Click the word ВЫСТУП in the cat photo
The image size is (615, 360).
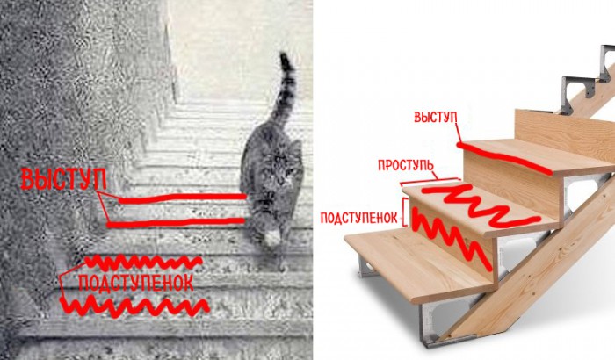63,180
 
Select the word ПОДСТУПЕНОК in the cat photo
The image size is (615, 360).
136,283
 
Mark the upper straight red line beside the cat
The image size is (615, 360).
182,198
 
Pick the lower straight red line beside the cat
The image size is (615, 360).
176,222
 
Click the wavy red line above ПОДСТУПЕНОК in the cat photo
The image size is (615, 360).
143,262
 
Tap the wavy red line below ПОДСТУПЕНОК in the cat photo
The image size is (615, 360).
134,306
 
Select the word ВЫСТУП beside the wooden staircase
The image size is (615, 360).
436,118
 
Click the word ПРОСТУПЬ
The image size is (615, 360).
406,165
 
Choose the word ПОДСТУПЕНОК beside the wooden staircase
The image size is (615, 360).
359,218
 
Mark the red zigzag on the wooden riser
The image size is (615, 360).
451,239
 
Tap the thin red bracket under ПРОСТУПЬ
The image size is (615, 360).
429,181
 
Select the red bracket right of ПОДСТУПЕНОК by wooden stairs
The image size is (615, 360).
405,211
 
